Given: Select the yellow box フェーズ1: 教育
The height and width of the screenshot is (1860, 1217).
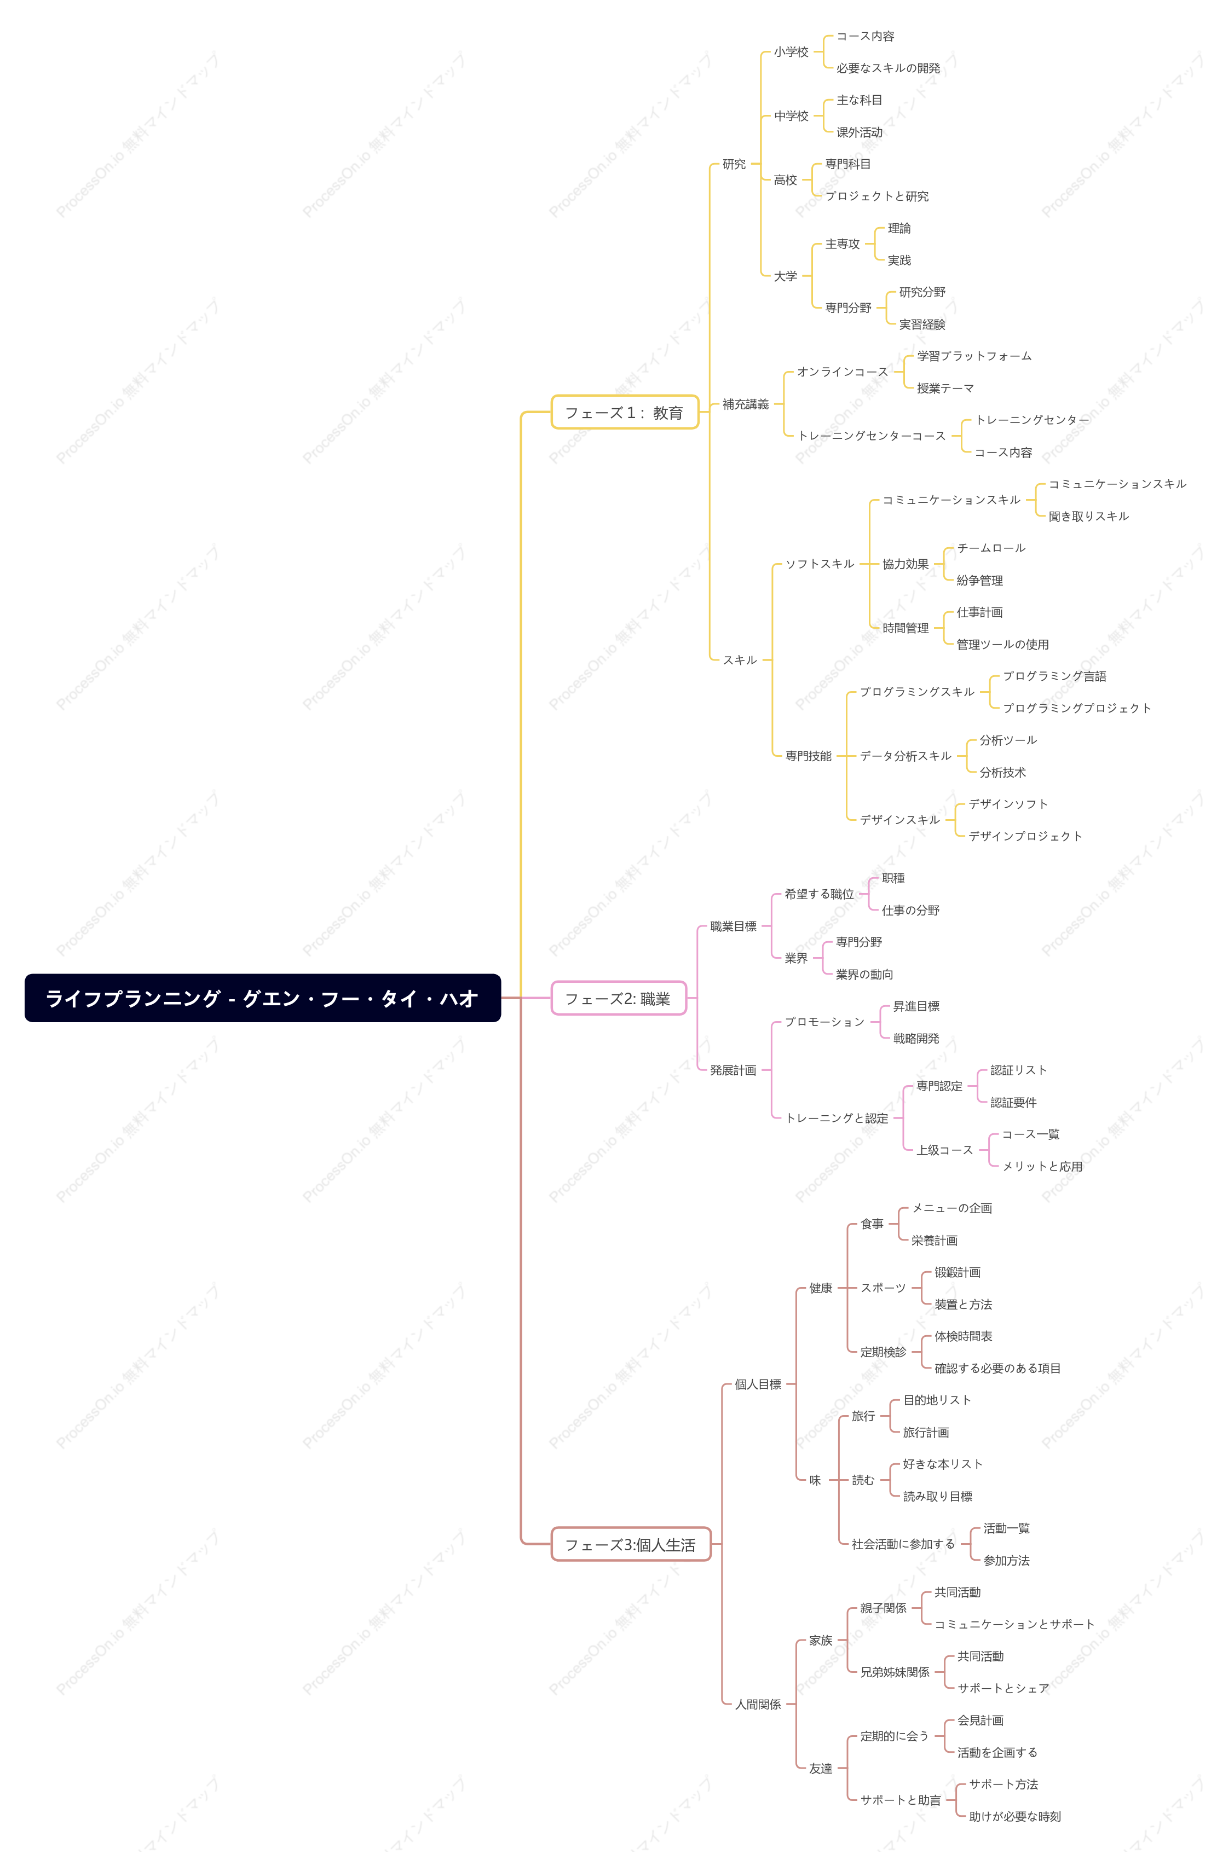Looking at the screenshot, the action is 625,412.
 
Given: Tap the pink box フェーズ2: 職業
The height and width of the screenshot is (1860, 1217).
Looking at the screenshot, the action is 618,998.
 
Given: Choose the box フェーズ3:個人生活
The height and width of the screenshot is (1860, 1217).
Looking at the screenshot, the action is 631,1544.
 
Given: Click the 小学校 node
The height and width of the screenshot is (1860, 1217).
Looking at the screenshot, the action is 791,51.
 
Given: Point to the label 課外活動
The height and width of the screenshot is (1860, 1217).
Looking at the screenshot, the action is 859,132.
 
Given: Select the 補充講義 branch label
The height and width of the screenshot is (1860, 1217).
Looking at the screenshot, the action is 745,404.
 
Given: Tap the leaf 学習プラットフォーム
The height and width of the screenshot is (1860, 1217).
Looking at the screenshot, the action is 974,356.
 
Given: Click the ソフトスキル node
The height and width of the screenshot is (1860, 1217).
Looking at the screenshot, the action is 819,564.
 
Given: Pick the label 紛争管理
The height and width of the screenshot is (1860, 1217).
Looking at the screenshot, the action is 979,580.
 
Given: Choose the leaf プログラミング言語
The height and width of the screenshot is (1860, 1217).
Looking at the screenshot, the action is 1054,676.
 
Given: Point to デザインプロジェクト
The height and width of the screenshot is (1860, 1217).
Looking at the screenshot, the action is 1025,836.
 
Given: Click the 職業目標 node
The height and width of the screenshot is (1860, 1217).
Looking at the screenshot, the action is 732,926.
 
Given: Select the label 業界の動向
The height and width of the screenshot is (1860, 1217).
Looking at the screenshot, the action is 864,974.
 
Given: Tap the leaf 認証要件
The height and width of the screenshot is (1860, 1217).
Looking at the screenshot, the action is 1013,1102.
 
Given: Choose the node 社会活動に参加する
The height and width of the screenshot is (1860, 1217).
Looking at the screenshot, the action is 903,1544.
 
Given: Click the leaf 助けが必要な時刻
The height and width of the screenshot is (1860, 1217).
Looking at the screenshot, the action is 1014,1816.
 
